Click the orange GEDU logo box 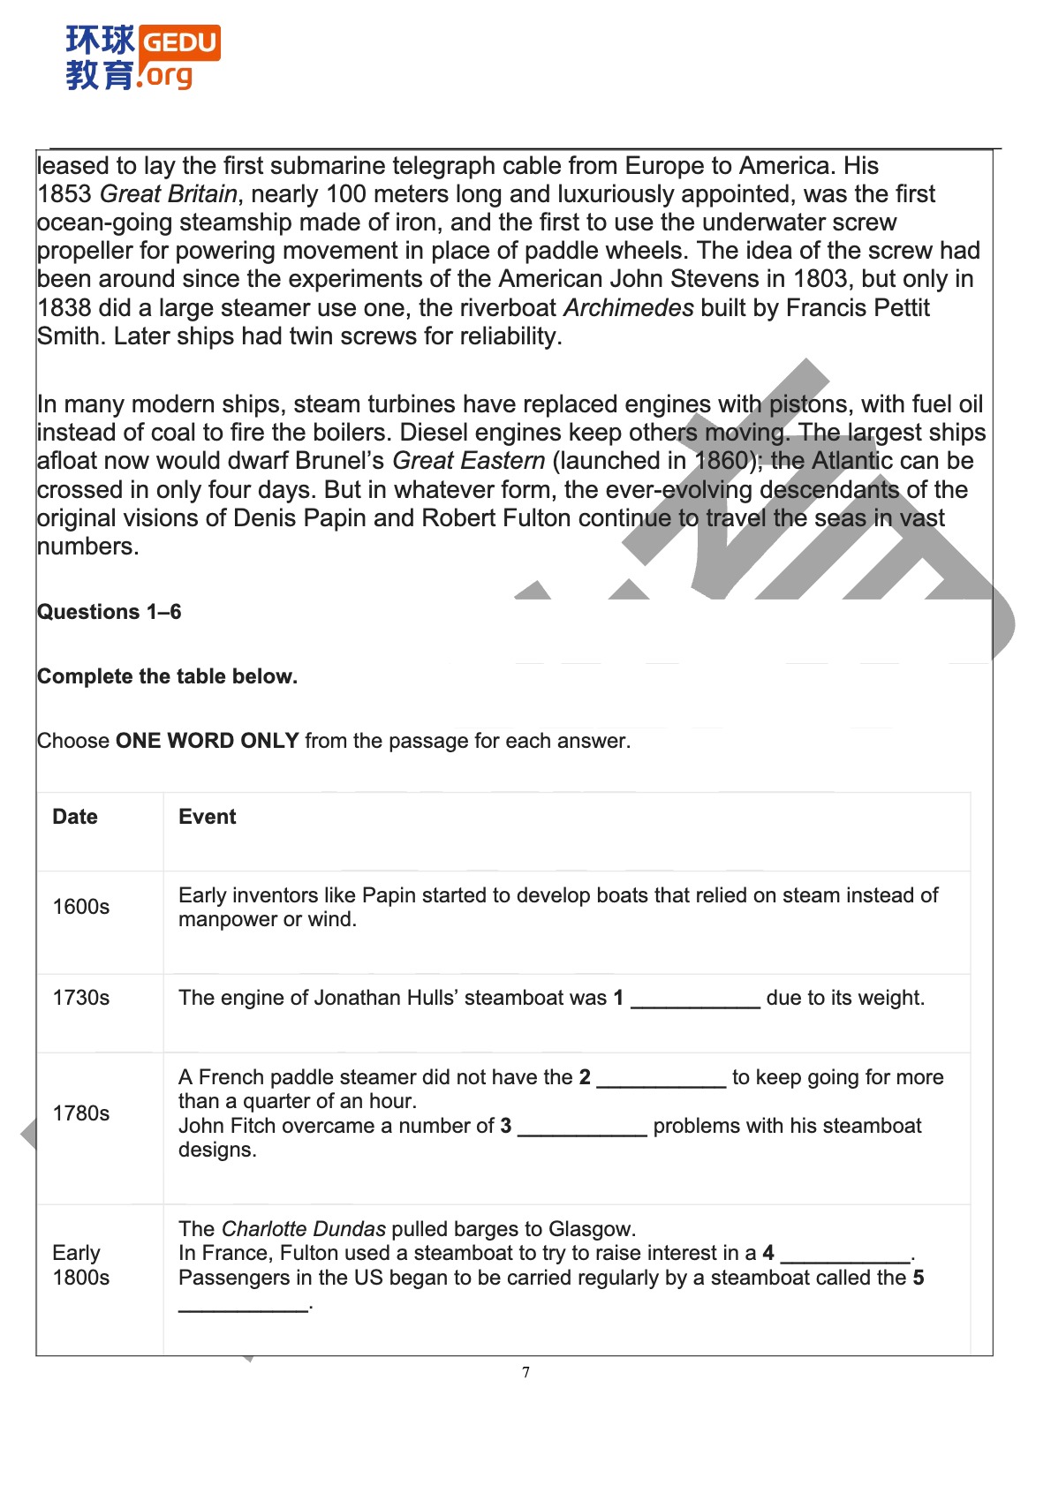point(179,42)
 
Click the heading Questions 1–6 point(109,612)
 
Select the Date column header point(75,817)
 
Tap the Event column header point(208,817)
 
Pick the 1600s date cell point(81,907)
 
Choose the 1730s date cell point(81,998)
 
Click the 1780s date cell point(81,1113)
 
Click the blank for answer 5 point(243,1305)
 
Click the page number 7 point(526,1372)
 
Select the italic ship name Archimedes point(629,308)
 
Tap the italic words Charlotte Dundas point(304,1229)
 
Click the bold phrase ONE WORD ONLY point(208,741)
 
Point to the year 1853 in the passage point(64,194)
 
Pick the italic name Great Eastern point(469,461)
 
